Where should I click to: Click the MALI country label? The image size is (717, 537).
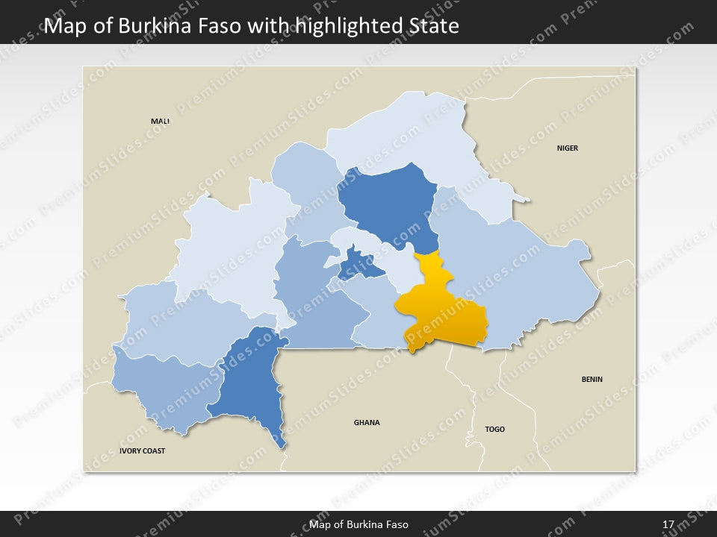pos(160,121)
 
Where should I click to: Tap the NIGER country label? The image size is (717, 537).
pos(567,148)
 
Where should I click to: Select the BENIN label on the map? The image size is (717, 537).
pos(592,380)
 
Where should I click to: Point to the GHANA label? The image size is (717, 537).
pos(367,423)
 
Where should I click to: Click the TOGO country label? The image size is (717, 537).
pos(494,430)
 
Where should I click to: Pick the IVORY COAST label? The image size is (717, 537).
pos(142,451)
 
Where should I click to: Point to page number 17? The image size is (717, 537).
pos(668,524)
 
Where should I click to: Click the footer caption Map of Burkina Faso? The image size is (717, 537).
pos(358,524)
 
